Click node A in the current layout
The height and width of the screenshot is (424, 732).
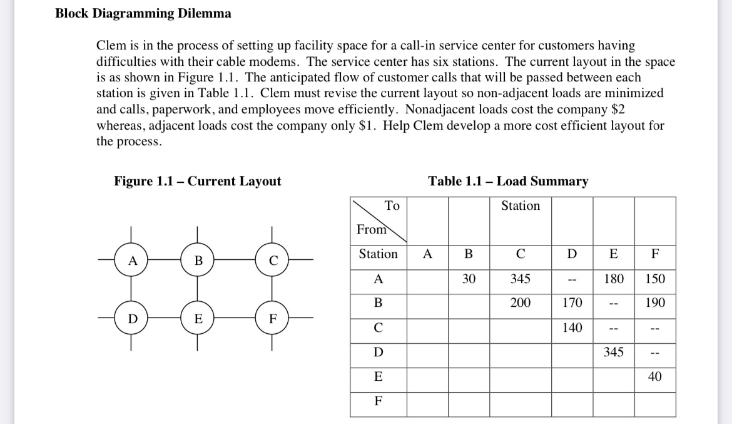(131, 259)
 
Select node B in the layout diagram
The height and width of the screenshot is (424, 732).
(198, 259)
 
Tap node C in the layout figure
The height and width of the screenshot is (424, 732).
(272, 259)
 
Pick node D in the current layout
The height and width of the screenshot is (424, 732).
(131, 318)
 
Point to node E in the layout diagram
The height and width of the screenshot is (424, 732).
(198, 318)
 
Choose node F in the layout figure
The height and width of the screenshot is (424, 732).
(272, 318)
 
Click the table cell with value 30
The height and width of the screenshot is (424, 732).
(469, 279)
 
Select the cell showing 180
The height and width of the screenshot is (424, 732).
(613, 279)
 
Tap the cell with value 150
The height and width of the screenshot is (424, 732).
(654, 279)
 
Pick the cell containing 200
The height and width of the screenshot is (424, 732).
(520, 303)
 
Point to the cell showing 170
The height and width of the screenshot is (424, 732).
(572, 303)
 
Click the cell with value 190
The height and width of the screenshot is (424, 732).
(654, 303)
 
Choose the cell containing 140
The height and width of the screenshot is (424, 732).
(572, 328)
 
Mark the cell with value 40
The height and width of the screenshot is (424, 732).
(654, 376)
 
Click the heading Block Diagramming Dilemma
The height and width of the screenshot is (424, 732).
(143, 13)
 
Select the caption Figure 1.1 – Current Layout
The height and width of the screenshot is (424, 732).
(197, 182)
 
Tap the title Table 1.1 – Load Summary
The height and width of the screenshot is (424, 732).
(508, 182)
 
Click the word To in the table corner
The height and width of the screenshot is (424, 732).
(392, 205)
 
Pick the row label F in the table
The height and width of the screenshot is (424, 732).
(378, 401)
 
